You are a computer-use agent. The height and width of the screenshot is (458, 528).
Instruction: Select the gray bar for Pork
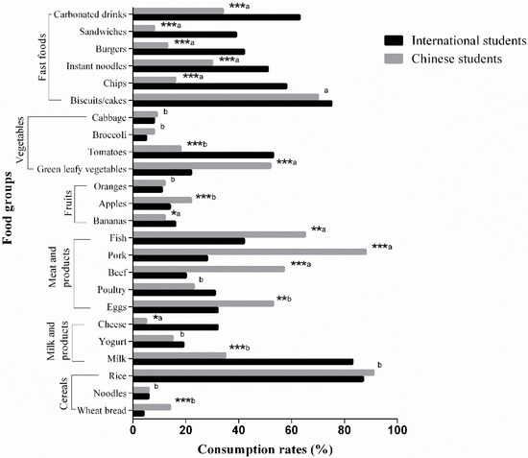[x=249, y=252]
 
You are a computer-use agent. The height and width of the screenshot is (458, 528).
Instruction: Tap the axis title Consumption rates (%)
[x=263, y=448]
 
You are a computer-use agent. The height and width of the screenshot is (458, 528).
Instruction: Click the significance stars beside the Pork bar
[x=380, y=247]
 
